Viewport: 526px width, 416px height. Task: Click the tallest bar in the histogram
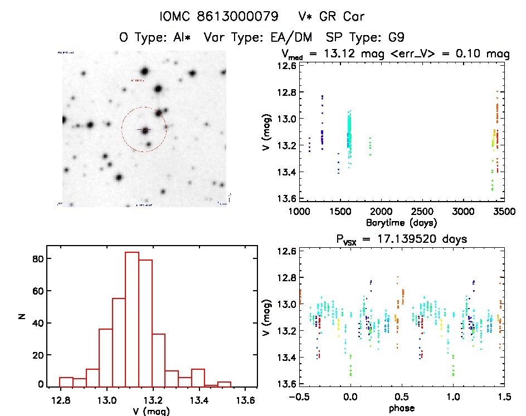coord(131,319)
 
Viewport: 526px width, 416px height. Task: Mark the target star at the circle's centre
coord(144,130)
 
